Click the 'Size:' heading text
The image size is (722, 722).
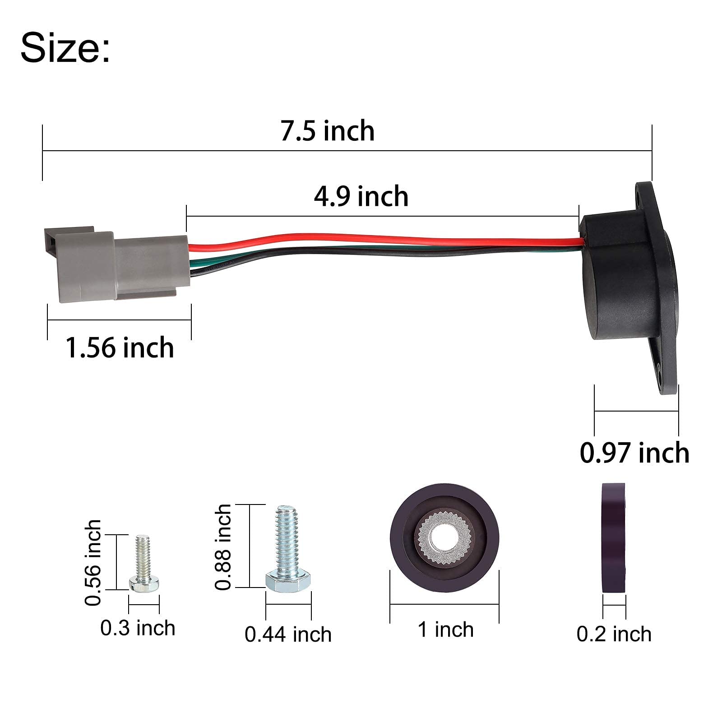tap(65, 47)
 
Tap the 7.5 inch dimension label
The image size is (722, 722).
tap(328, 131)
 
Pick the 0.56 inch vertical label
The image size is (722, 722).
tap(93, 562)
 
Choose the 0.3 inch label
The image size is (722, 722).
tap(138, 628)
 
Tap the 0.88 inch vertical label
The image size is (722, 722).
tap(223, 547)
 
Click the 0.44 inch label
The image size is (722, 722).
tap(288, 634)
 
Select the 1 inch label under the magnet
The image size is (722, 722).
tap(445, 629)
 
